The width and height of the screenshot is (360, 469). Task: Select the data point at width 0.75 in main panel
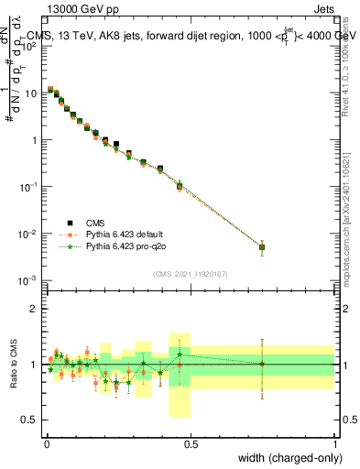(x=262, y=246)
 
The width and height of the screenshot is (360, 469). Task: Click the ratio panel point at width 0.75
(x=262, y=364)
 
